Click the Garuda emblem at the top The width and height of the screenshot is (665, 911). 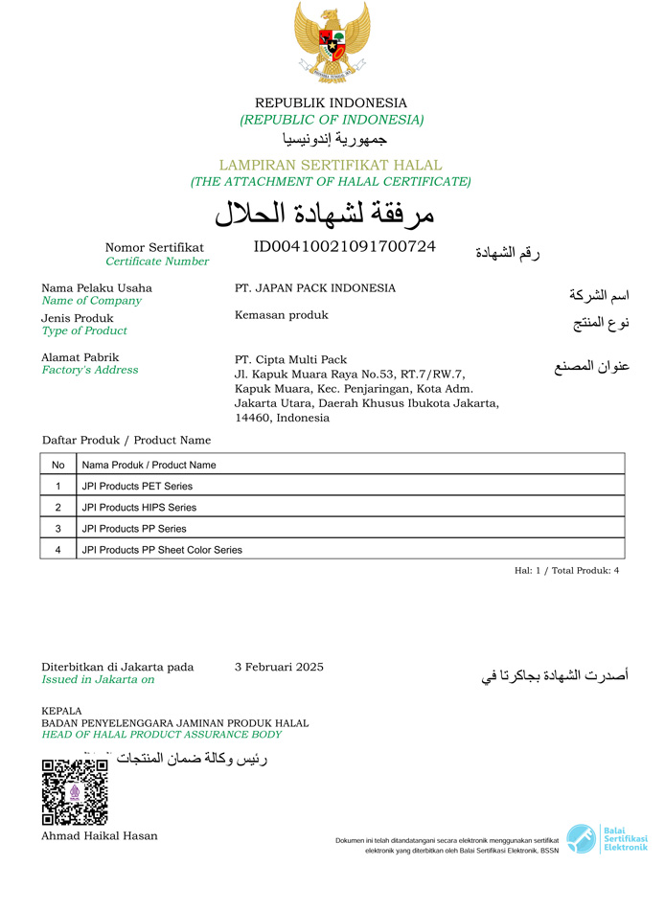coord(332,43)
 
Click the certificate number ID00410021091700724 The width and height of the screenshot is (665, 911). coord(344,247)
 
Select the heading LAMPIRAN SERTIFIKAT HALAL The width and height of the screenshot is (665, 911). coord(331,165)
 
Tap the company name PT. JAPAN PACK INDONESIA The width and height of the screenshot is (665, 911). coord(314,288)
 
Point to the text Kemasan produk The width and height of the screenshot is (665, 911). coord(281,315)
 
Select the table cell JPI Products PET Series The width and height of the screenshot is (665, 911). coord(137,486)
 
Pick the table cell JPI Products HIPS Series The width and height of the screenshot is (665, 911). coord(139,507)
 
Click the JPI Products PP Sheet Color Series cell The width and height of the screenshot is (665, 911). coord(162,550)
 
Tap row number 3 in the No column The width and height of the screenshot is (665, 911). coord(57,529)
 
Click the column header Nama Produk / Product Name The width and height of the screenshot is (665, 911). coord(149,465)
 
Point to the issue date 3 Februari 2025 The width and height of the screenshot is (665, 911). coord(279,667)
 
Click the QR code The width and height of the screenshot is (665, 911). coord(75,791)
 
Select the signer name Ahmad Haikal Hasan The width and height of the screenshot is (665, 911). coord(100,835)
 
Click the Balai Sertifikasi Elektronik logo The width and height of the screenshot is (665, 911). coord(607,839)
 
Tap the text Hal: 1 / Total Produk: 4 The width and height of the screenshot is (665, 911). coord(567,570)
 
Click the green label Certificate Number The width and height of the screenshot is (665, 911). coord(157,262)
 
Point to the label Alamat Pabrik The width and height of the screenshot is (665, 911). coord(80,357)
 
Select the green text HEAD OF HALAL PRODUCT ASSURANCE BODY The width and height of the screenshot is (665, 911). coord(161,735)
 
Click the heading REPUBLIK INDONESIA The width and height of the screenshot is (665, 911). coord(331,103)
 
